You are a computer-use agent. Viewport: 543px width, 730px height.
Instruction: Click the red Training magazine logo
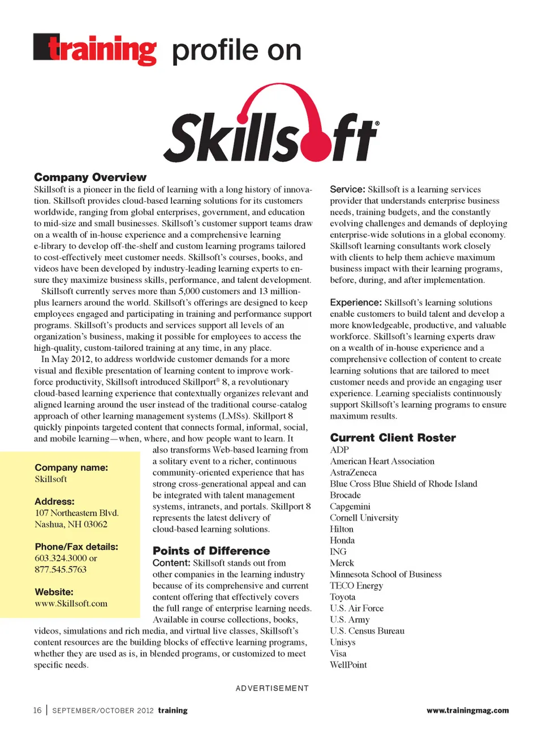coord(95,50)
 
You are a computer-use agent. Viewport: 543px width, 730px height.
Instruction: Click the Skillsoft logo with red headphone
coord(271,124)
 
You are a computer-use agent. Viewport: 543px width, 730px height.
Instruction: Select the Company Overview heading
coord(90,177)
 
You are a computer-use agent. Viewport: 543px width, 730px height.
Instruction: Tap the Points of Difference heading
coord(211,551)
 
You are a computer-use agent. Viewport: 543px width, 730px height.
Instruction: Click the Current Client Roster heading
coord(393,437)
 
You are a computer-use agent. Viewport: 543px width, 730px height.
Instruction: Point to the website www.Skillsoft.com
coord(71,603)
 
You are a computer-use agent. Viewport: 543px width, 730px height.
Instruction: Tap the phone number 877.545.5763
coord(61,569)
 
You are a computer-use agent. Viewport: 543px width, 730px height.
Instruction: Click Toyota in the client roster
coord(343,597)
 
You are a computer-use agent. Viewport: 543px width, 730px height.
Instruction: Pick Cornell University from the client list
coord(364,518)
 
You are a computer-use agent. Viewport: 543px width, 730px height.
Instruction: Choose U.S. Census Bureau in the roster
coord(367,631)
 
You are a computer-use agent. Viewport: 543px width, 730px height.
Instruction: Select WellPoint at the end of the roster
coord(348,665)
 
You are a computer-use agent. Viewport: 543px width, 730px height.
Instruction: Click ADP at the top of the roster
coord(339,450)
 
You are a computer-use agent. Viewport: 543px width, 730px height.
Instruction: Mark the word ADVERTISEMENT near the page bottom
coord(272,688)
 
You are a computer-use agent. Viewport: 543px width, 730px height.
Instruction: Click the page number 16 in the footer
coord(37,710)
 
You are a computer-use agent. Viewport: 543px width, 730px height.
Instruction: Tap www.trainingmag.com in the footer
coord(467,710)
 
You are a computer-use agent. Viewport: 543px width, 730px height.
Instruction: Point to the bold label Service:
coord(347,190)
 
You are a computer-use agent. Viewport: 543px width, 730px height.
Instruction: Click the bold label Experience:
coord(356,303)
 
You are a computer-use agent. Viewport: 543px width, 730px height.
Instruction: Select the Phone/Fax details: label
coord(76,547)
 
